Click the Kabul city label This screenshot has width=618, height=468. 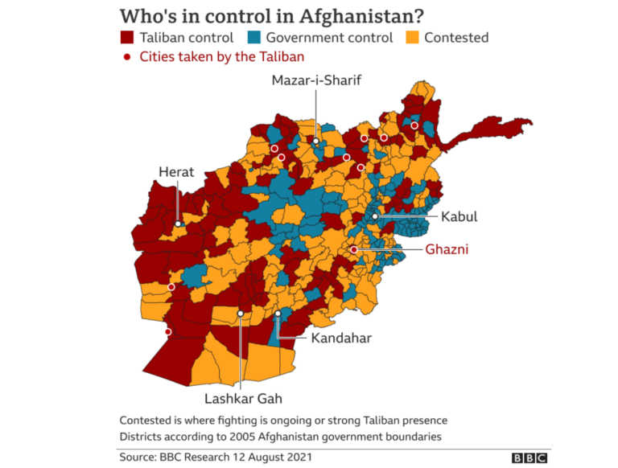pyautogui.click(x=459, y=217)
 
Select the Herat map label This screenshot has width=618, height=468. pyautogui.click(x=176, y=171)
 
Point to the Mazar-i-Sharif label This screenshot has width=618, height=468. pyautogui.click(x=316, y=80)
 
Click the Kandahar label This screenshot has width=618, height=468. pyautogui.click(x=341, y=338)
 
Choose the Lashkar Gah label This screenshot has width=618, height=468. pyautogui.click(x=241, y=398)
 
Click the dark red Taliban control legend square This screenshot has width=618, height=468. pyautogui.click(x=127, y=37)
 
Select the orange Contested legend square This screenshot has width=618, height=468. pyautogui.click(x=410, y=37)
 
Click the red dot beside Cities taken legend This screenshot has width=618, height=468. pyautogui.click(x=126, y=56)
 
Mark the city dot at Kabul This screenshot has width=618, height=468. pyautogui.click(x=375, y=217)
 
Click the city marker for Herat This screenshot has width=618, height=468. pyautogui.click(x=178, y=224)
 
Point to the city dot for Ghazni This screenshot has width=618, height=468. pyautogui.click(x=353, y=250)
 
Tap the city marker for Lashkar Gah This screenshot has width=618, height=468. pyautogui.click(x=241, y=314)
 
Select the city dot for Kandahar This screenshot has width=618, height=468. pyautogui.click(x=278, y=314)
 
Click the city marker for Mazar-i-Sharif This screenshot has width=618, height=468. pyautogui.click(x=316, y=142)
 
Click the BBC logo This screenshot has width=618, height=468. pyautogui.click(x=529, y=457)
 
